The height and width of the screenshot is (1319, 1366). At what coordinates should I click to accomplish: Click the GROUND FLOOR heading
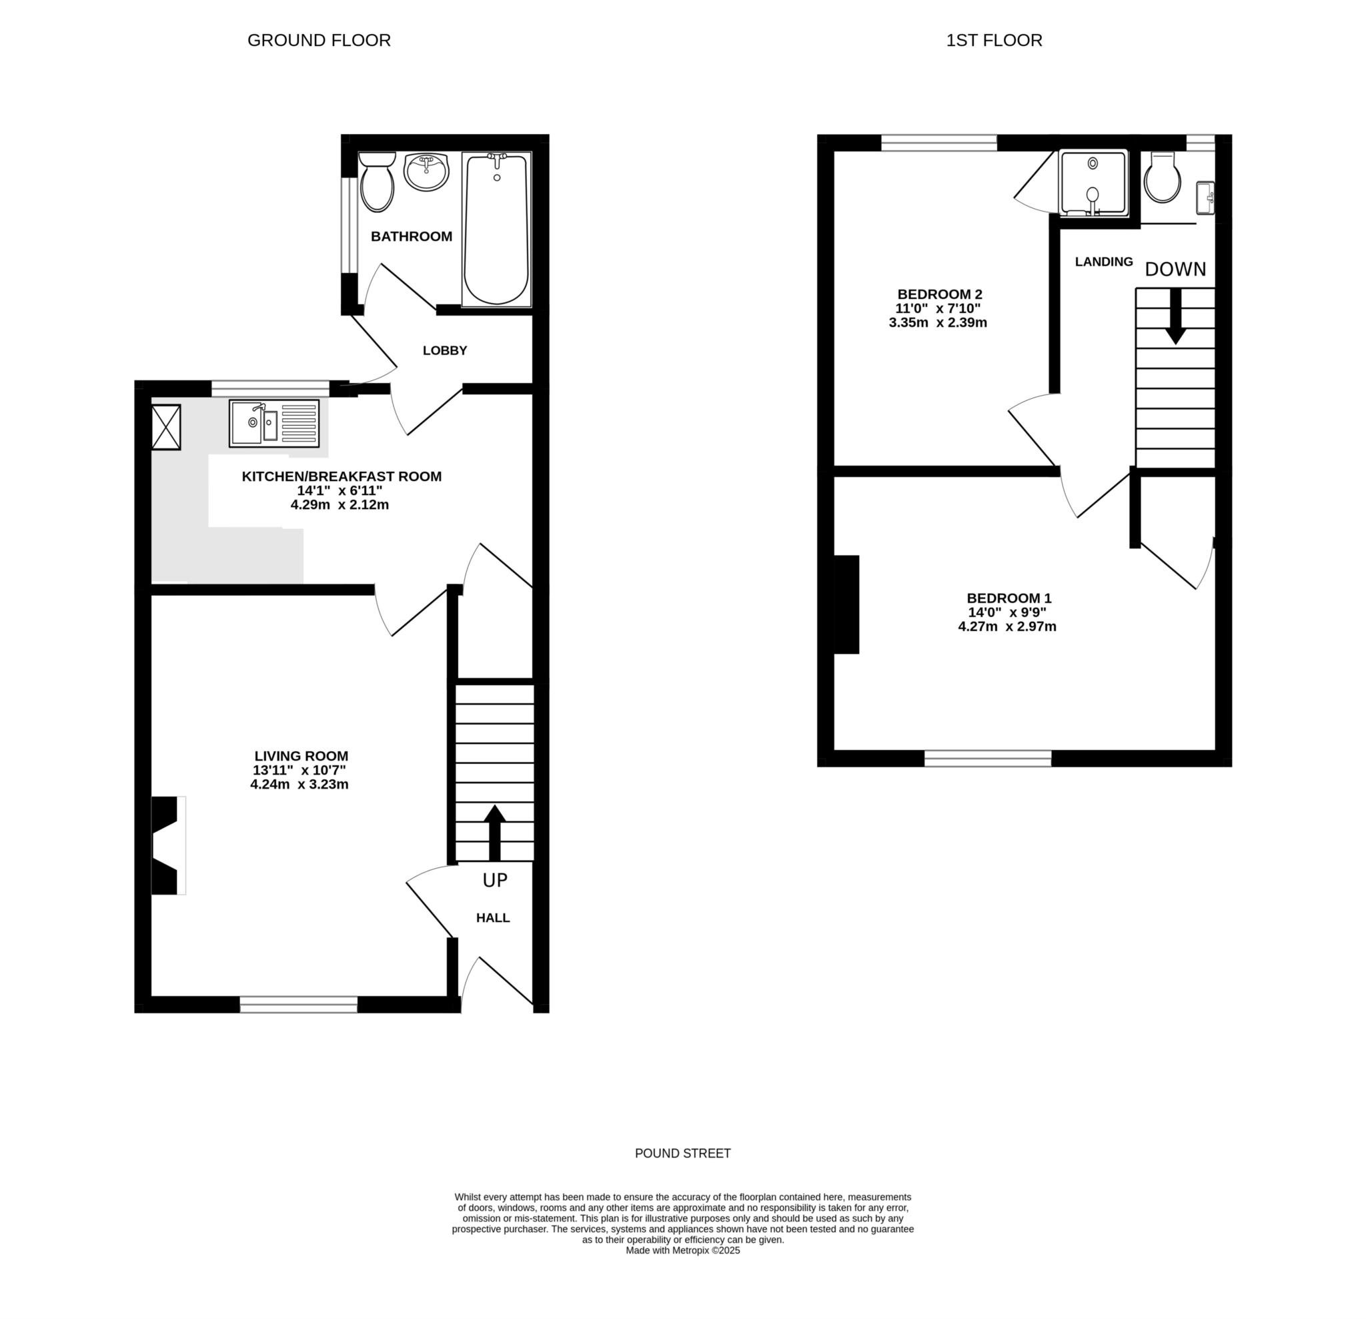319,41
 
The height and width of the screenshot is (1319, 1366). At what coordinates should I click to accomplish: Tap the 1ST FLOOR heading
994,41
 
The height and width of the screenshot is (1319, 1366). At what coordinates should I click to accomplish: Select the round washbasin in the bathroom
426,171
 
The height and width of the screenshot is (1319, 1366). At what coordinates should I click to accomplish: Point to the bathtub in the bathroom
496,230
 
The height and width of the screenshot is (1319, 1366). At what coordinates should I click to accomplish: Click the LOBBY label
445,351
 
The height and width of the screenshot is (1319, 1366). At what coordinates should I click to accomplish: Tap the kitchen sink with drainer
274,423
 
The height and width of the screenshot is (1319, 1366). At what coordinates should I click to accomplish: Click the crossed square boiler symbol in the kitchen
166,426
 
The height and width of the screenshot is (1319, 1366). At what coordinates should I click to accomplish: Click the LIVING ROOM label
301,756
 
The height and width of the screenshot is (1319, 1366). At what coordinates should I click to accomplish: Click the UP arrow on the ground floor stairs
494,833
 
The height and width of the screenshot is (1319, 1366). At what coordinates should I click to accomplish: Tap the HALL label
493,918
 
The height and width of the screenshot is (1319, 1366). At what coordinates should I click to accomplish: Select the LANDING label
1103,262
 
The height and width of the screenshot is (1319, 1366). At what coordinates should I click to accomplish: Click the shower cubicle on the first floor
1092,183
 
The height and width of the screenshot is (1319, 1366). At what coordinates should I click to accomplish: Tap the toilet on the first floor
1163,179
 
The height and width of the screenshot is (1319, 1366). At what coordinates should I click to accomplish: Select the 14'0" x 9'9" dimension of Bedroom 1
1007,612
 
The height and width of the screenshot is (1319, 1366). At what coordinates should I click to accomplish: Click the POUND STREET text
682,1153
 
